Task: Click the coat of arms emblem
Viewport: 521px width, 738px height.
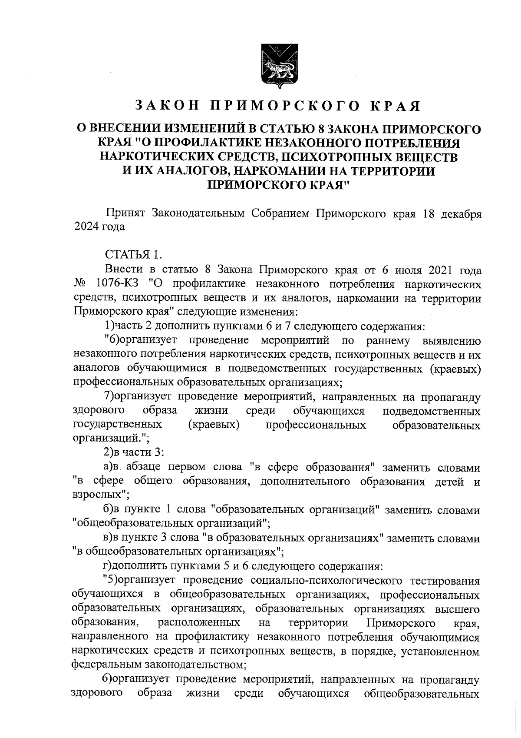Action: pyautogui.click(x=278, y=66)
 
